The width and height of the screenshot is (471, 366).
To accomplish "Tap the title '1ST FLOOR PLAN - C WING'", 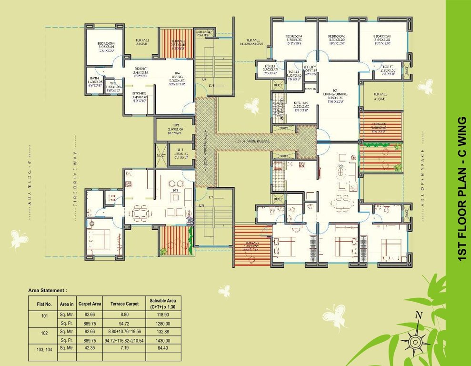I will pyautogui.click(x=460, y=189).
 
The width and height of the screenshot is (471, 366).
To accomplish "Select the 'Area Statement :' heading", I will pyautogui.click(x=48, y=290).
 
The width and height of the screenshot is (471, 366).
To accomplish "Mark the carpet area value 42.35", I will pyautogui.click(x=90, y=348).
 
